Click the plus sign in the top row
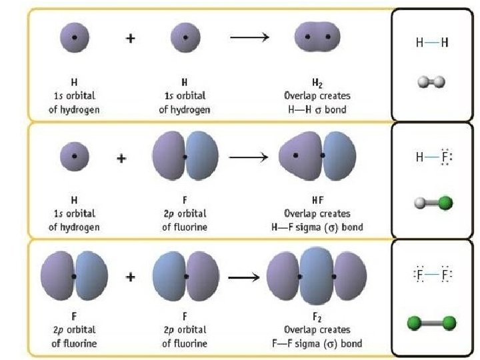coord(131,38)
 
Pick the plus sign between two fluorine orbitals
coord(131,276)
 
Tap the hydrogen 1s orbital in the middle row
coord(74,157)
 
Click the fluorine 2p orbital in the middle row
coord(185,157)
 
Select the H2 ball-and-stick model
coord(431,82)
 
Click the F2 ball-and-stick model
coord(431,324)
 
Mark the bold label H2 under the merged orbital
coord(317,83)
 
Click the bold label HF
coord(317,202)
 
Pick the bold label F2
coord(317,319)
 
